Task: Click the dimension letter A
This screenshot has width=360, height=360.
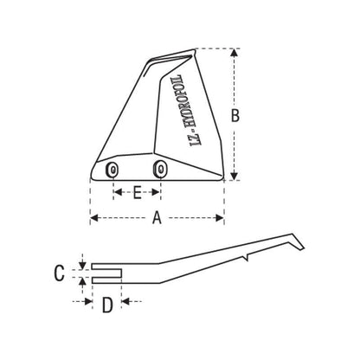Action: click(157, 219)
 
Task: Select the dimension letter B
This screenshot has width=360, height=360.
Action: click(246, 113)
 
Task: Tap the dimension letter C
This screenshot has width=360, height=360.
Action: click(59, 273)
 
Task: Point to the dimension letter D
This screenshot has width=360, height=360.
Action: click(106, 304)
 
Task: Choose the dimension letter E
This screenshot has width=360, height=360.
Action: click(136, 193)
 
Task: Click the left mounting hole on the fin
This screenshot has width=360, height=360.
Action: click(112, 170)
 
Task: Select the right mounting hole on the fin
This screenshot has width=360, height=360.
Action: click(158, 169)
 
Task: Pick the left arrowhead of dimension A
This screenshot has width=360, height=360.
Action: click(93, 219)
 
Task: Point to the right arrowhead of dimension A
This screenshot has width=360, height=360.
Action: click(222, 219)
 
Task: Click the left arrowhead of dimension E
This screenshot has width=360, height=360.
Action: click(115, 193)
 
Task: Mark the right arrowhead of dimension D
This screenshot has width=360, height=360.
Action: click(125, 302)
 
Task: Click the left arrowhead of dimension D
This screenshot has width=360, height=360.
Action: click(87, 302)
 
